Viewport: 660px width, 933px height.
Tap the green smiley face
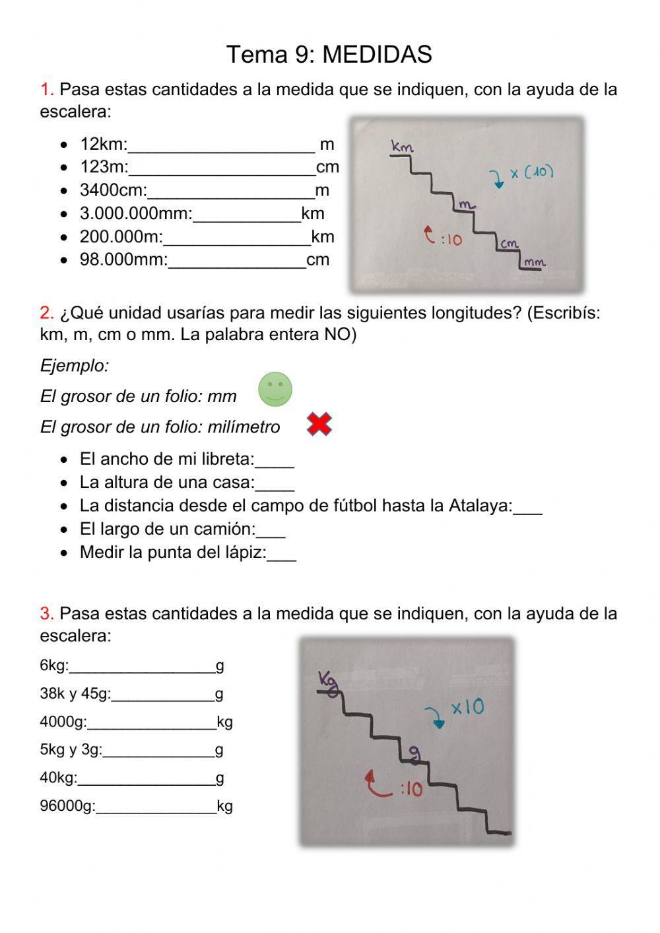point(275,389)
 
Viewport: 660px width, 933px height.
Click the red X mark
point(319,425)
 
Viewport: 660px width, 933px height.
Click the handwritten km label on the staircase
point(401,146)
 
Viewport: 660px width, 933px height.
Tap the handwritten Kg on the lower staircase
point(328,680)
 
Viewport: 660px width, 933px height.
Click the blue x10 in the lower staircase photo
point(467,708)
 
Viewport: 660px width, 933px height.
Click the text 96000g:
point(67,806)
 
